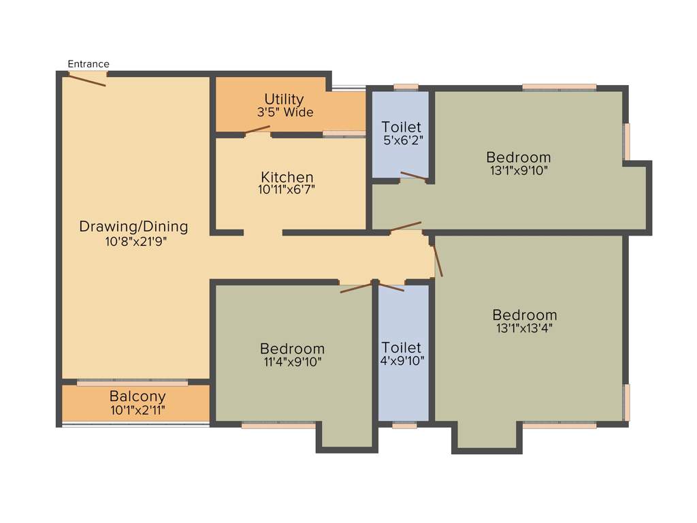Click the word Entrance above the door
[x=88, y=64]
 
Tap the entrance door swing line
[x=87, y=80]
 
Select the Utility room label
[x=284, y=99]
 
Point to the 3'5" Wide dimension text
[x=285, y=112]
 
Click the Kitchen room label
[x=287, y=178]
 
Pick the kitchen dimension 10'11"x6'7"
[x=287, y=191]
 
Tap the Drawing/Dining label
[x=133, y=226]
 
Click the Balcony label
[x=137, y=396]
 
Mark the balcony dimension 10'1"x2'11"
[x=137, y=410]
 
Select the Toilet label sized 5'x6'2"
[x=401, y=127]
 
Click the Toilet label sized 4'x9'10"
[x=401, y=347]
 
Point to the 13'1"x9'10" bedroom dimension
[x=518, y=170]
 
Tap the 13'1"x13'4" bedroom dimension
[x=524, y=328]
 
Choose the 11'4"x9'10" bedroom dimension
[x=292, y=362]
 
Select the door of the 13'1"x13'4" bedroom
[x=438, y=260]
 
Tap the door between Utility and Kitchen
[x=258, y=129]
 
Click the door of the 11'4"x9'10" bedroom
[x=356, y=287]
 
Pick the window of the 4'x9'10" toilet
[x=404, y=426]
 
